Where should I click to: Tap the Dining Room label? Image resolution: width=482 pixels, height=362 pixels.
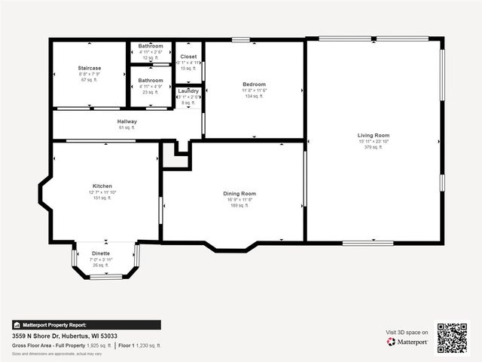[239, 194]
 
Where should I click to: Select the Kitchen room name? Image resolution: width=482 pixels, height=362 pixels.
[102, 186]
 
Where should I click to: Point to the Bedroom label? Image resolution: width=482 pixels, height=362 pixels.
[254, 84]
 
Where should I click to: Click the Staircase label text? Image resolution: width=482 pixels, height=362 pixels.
[89, 68]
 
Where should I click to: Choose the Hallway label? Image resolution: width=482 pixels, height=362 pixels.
[127, 121]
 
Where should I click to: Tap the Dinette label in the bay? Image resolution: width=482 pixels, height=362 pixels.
[100, 253]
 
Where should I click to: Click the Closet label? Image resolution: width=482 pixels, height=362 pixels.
[188, 57]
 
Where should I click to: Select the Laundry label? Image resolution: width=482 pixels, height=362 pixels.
[188, 90]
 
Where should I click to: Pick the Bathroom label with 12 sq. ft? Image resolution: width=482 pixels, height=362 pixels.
[151, 46]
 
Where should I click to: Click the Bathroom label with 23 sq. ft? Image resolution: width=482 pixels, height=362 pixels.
[151, 80]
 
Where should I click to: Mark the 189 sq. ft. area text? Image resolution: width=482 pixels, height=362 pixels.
[239, 206]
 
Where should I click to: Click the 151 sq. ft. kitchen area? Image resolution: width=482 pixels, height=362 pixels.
[102, 198]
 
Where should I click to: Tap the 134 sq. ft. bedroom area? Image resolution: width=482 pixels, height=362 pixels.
[254, 97]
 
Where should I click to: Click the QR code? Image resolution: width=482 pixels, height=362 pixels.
[452, 338]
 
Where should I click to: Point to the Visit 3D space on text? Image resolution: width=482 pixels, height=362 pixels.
[407, 332]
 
